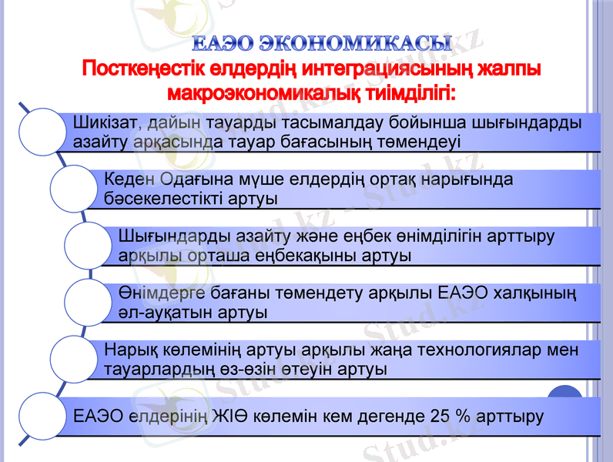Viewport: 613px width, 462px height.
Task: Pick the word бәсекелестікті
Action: pyautogui.click(x=167, y=198)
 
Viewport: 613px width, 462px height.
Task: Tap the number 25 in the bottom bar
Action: pyautogui.click(x=440, y=417)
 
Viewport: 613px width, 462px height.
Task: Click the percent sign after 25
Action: pyautogui.click(x=464, y=417)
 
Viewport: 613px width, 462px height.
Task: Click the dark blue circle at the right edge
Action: pyautogui.click(x=566, y=397)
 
